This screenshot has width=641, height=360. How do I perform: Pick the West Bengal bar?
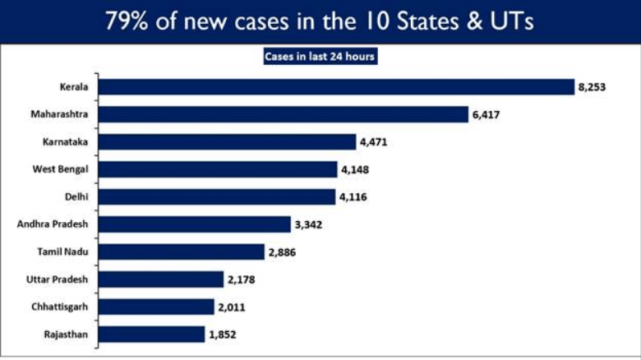coord(219,169)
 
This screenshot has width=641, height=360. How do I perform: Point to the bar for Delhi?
coord(219,196)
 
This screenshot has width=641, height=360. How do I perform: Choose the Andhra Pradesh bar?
coord(196,224)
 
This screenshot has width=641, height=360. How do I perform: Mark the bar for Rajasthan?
coord(154,334)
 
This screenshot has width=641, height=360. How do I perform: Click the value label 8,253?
coord(592,86)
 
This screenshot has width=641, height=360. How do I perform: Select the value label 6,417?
coord(486,114)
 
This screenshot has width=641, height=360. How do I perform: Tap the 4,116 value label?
coord(353,196)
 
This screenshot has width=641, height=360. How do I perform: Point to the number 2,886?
coord(283,252)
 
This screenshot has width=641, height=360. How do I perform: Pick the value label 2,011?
coord(232,307)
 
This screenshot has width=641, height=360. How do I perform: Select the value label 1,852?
coord(223,334)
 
